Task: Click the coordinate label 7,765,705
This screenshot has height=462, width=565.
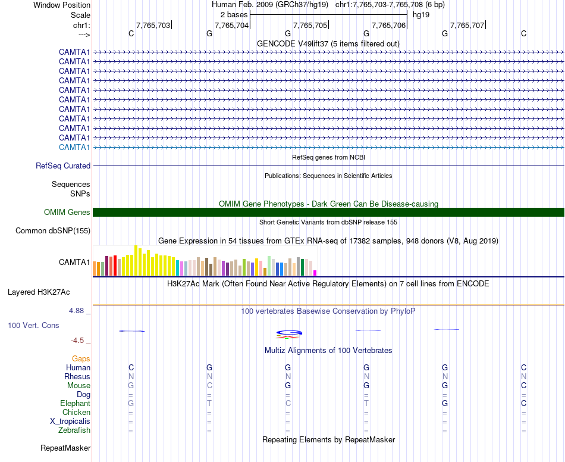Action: (x=310, y=25)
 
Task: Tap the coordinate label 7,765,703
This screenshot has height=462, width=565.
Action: (x=153, y=25)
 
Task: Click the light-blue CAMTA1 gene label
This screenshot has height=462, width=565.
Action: (x=74, y=147)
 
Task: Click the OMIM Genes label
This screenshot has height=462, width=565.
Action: (x=67, y=213)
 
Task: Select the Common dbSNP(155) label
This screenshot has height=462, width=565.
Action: (x=53, y=231)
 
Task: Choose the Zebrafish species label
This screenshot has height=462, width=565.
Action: (x=74, y=430)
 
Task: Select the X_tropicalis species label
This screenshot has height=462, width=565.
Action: (x=70, y=421)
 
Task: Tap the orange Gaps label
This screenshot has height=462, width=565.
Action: (x=81, y=358)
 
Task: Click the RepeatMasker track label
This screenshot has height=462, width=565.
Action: (x=65, y=448)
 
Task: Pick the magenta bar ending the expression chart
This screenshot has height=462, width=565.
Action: (x=315, y=273)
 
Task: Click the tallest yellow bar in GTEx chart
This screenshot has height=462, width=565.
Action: (x=136, y=260)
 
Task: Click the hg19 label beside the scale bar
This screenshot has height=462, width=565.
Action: (x=420, y=14)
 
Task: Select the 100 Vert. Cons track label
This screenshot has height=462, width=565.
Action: (x=33, y=326)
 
